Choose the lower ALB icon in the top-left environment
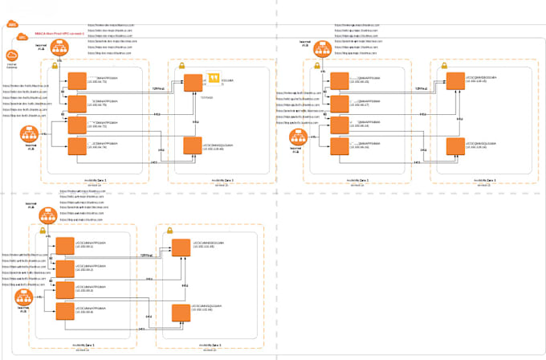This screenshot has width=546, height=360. tap(32, 134)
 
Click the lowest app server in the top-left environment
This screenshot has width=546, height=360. tap(77, 146)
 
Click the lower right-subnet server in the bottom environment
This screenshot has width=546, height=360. tap(178, 310)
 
